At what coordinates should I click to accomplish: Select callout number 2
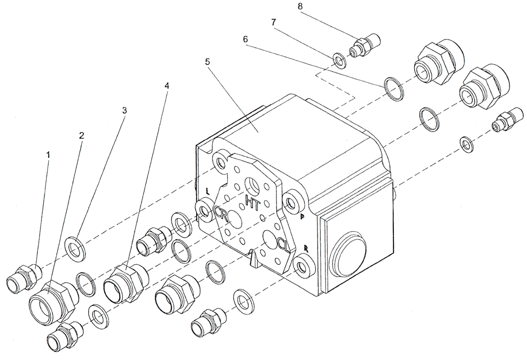81,136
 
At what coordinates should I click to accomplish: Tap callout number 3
125,111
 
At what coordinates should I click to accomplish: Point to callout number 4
167,85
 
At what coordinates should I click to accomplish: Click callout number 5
207,62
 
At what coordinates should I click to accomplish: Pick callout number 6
245,40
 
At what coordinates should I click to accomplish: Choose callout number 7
274,23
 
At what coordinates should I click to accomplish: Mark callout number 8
299,6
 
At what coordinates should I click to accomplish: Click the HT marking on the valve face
252,202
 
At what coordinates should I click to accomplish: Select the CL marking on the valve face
283,246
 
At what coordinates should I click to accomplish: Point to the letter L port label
206,190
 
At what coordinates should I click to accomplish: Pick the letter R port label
306,248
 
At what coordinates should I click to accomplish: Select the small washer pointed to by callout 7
339,60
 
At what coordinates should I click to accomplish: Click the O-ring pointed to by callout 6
393,88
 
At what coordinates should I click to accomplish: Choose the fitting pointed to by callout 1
25,277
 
